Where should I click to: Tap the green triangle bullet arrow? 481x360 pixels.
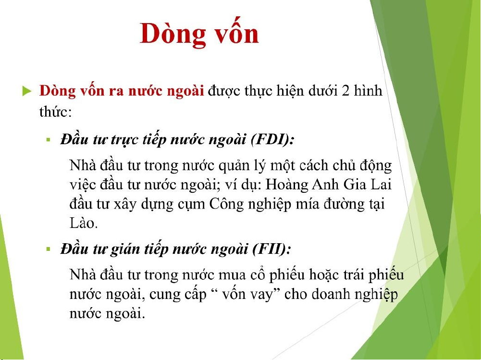click(27, 91)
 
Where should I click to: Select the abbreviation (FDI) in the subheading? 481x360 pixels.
click(272, 140)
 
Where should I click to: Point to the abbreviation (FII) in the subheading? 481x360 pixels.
click(271, 249)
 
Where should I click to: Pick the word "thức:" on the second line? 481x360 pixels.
click(55, 111)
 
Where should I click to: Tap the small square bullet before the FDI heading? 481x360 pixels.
click(48, 140)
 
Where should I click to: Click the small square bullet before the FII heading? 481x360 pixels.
click(48, 249)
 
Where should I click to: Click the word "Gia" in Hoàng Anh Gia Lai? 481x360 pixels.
click(354, 185)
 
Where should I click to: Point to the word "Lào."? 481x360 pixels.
click(84, 223)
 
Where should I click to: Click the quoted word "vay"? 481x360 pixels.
click(260, 295)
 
